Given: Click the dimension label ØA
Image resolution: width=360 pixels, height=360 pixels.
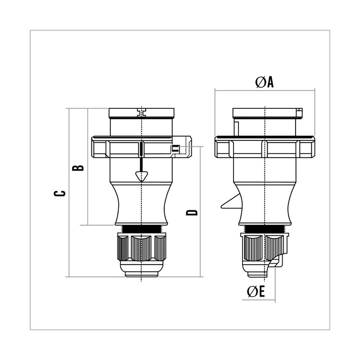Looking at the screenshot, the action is pos(265,82).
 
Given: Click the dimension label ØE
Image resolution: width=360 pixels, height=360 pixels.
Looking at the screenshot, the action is pos(256,291).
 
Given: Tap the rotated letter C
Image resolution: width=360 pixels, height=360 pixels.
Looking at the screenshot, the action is pos(59,193).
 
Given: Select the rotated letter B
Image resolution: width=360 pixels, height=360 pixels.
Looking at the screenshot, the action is pos(78,167).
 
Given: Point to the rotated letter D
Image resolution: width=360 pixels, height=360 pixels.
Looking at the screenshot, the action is pos(192,212).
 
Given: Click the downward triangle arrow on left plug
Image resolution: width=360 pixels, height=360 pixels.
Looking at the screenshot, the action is pos(141,176).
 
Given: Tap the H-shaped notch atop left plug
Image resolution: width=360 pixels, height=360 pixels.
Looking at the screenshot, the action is pos(142,112).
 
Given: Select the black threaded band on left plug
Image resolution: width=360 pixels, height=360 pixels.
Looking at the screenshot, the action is pos(142,229).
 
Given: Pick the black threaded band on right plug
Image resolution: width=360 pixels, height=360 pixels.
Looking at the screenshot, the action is pos(265,229).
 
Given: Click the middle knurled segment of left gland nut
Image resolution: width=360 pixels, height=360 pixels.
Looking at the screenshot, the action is pos(141,248).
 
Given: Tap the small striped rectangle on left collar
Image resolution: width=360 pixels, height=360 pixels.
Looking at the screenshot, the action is pos(175,148).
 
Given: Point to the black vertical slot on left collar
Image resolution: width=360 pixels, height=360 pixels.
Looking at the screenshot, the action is pos(141,149).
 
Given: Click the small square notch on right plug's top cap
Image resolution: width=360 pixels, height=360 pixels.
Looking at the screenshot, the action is pos(299,113).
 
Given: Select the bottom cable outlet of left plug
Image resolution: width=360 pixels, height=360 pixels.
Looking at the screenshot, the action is pos(142,274).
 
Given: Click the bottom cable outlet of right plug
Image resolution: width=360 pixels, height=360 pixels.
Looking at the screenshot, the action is pos(257,274).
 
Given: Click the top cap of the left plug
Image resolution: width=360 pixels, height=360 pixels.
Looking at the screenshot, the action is pos(141,113).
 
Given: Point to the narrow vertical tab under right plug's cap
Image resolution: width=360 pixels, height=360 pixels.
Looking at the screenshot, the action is pos(236,128).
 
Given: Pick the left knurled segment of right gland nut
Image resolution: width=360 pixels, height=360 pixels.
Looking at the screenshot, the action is pos(254,248).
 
